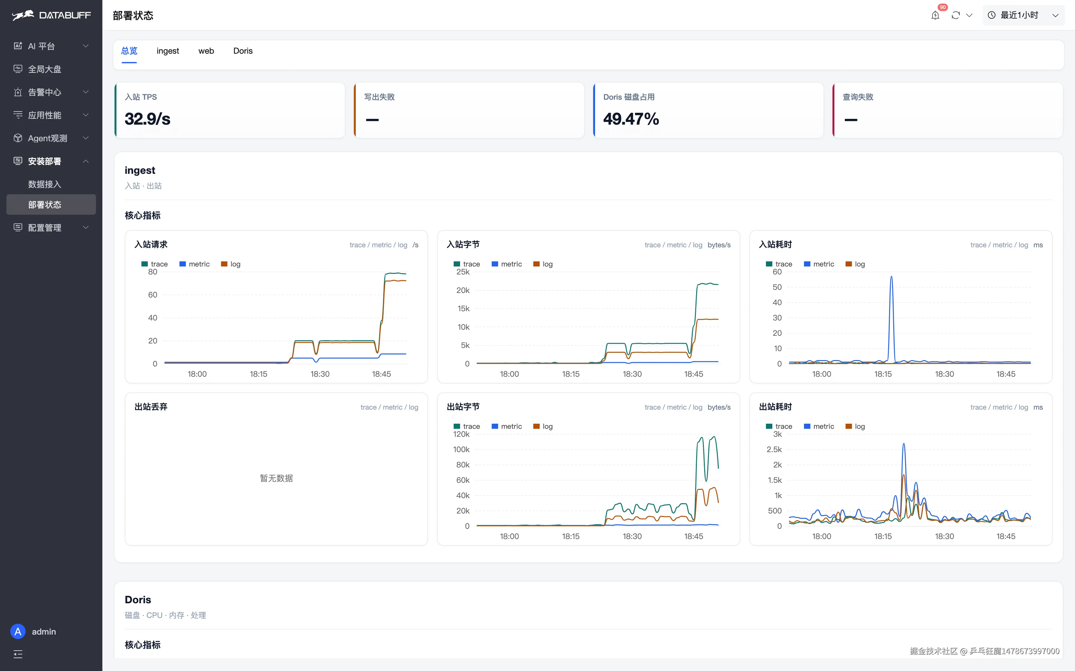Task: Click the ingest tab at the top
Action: pyautogui.click(x=167, y=51)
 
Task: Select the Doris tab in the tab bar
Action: pyautogui.click(x=243, y=51)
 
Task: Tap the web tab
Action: pyautogui.click(x=206, y=51)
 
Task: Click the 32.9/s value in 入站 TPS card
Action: pyautogui.click(x=147, y=119)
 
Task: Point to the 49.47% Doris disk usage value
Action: pyautogui.click(x=631, y=119)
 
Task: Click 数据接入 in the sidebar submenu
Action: pyautogui.click(x=44, y=184)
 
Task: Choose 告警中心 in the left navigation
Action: pyautogui.click(x=44, y=92)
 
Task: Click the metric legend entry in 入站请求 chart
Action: pyautogui.click(x=194, y=264)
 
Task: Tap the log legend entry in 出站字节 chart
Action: pyautogui.click(x=543, y=427)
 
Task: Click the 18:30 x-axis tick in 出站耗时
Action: pyautogui.click(x=944, y=536)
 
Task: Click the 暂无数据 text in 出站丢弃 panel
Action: pyautogui.click(x=276, y=478)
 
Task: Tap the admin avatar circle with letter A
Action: pyautogui.click(x=18, y=631)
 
